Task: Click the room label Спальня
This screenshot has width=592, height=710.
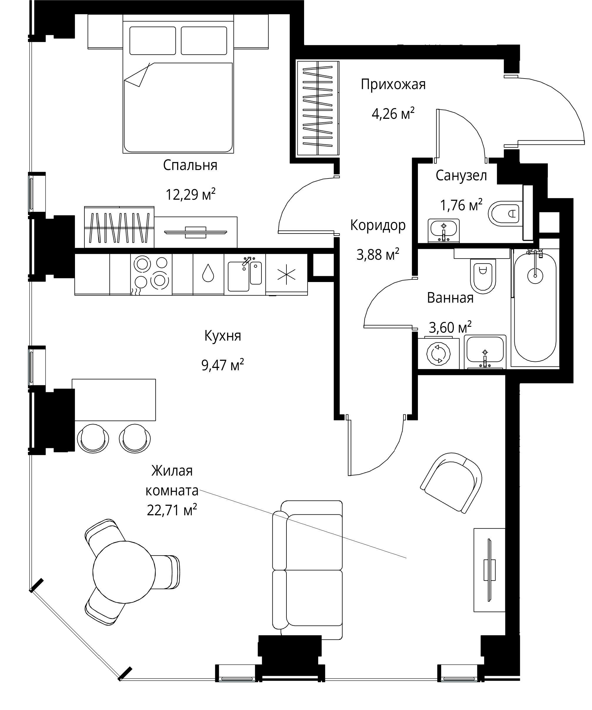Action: tap(190, 165)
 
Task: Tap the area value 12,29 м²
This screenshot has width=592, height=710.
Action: tap(190, 194)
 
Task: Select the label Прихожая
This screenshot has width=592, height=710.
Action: tap(393, 84)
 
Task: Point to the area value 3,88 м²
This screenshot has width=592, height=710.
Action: tap(378, 254)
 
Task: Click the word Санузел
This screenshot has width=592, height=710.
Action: tap(461, 176)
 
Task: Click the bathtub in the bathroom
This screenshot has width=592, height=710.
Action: tap(535, 307)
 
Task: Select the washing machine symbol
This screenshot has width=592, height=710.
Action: tap(439, 353)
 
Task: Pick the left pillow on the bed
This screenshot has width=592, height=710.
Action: tap(152, 41)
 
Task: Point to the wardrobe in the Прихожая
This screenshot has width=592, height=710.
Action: tap(318, 108)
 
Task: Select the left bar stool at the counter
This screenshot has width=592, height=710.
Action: tap(93, 438)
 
